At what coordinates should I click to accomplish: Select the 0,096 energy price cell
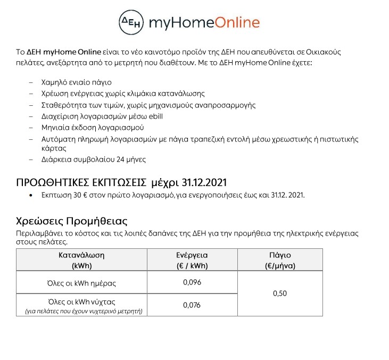(x=192, y=282)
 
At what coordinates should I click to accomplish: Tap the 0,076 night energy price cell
(x=192, y=305)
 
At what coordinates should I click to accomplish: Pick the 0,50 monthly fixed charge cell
(x=280, y=293)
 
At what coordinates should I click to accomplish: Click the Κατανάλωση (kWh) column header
(x=81, y=260)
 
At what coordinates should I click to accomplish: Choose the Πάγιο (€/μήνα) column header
(x=280, y=260)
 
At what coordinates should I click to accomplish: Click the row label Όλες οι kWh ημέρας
(x=81, y=283)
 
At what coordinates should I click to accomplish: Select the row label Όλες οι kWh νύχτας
(x=81, y=302)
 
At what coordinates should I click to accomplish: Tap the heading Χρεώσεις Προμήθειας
(x=72, y=221)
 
